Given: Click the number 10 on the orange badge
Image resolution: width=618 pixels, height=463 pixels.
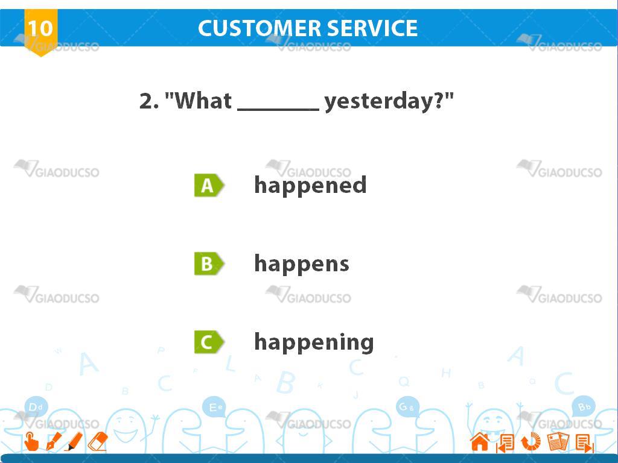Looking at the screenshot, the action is pyautogui.click(x=40, y=28).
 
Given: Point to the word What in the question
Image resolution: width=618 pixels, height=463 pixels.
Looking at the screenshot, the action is pyautogui.click(x=203, y=101).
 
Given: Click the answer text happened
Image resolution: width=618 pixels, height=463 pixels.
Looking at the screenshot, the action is pyautogui.click(x=311, y=186).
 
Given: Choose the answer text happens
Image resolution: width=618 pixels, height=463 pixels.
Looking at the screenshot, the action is pyautogui.click(x=302, y=264).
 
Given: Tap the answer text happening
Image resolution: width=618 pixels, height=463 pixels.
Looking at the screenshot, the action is pyautogui.click(x=314, y=342).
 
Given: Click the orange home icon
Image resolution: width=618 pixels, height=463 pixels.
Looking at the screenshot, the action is pyautogui.click(x=480, y=441).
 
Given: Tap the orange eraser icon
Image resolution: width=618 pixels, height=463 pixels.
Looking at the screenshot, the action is pyautogui.click(x=98, y=441).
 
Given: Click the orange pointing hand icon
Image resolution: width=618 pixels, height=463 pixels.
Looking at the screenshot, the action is pyautogui.click(x=31, y=441).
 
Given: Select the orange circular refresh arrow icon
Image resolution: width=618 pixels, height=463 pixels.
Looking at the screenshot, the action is pyautogui.click(x=531, y=441).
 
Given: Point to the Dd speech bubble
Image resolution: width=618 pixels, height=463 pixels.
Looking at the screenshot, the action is pyautogui.click(x=36, y=407).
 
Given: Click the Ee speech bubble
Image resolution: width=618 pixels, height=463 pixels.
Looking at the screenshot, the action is pyautogui.click(x=214, y=407).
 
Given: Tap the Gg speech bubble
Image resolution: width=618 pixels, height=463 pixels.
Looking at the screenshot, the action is pyautogui.click(x=407, y=407).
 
